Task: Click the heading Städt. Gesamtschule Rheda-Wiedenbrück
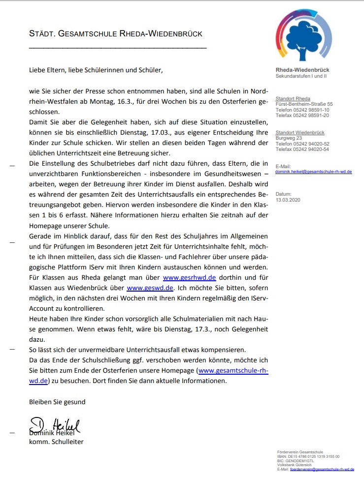[116, 34]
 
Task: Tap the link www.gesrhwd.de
[190, 277]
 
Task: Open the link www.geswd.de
[150, 288]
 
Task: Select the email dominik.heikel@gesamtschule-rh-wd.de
[314, 172]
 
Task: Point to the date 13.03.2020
[287, 200]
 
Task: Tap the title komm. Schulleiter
[56, 442]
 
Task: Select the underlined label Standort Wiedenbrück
[300, 133]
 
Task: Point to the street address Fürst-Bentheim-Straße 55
[304, 104]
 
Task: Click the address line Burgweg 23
[289, 138]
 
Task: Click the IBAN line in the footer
[308, 456]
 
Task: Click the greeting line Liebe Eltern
[96, 70]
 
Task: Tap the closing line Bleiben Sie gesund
[57, 402]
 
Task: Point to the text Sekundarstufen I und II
[301, 76]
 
